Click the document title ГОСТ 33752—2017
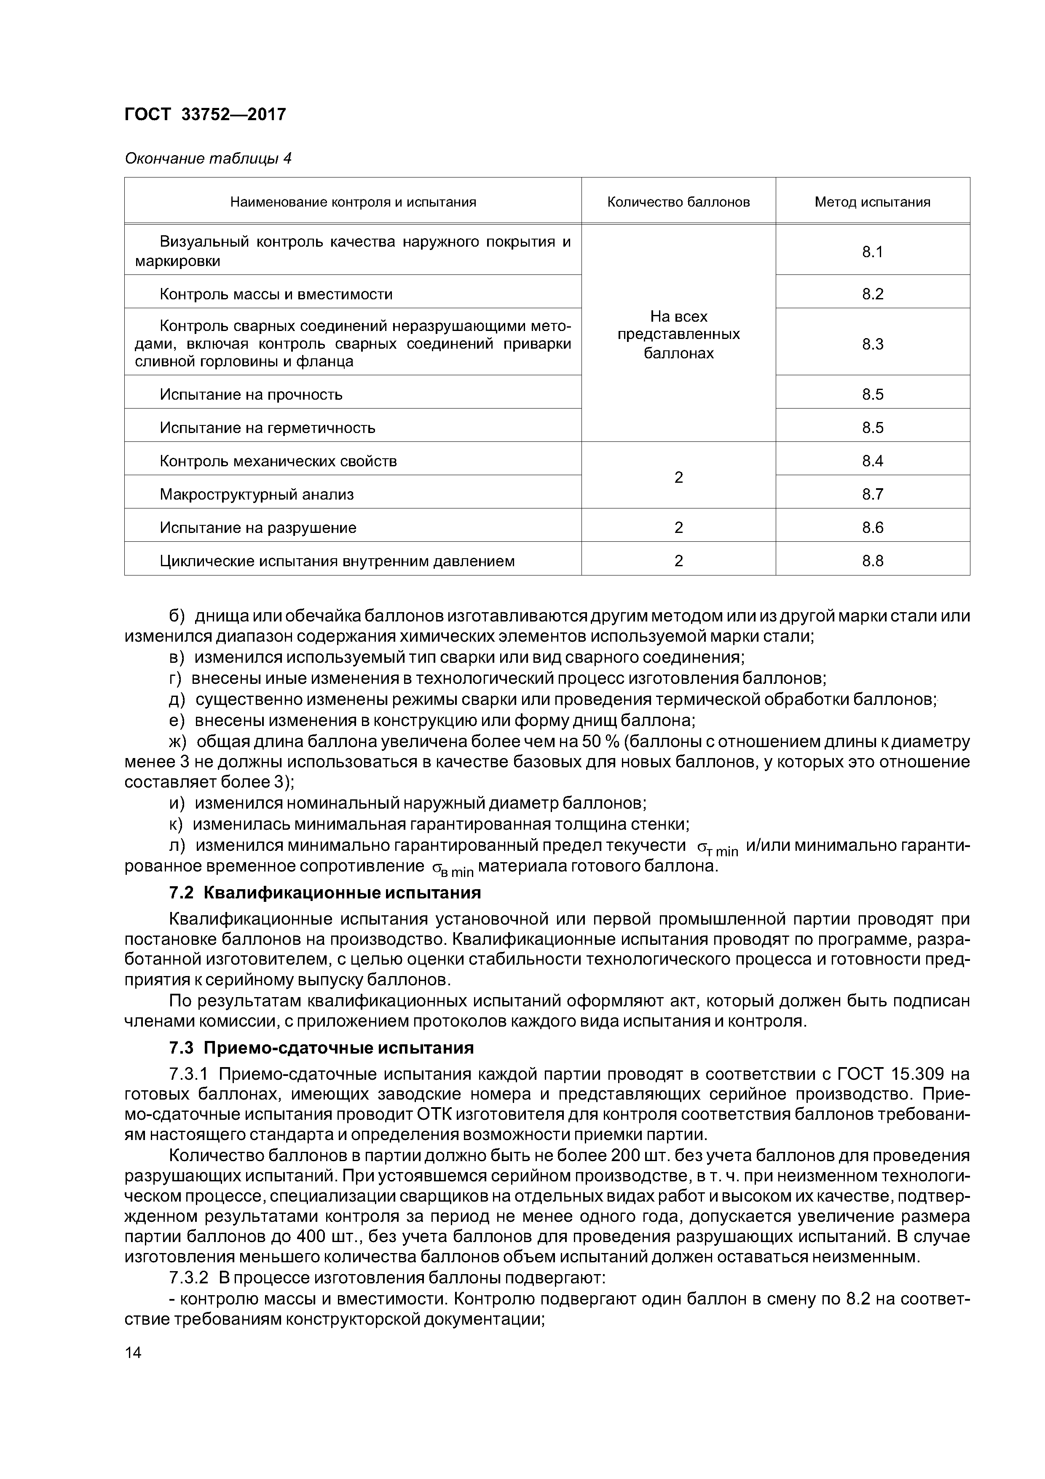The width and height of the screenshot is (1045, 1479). click(205, 115)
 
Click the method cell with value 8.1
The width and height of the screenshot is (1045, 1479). click(872, 252)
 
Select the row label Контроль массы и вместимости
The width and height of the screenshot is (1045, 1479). click(276, 294)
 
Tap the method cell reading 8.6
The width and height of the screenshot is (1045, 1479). click(872, 527)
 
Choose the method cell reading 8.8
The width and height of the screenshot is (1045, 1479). click(872, 561)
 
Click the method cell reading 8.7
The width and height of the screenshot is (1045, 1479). click(872, 495)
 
